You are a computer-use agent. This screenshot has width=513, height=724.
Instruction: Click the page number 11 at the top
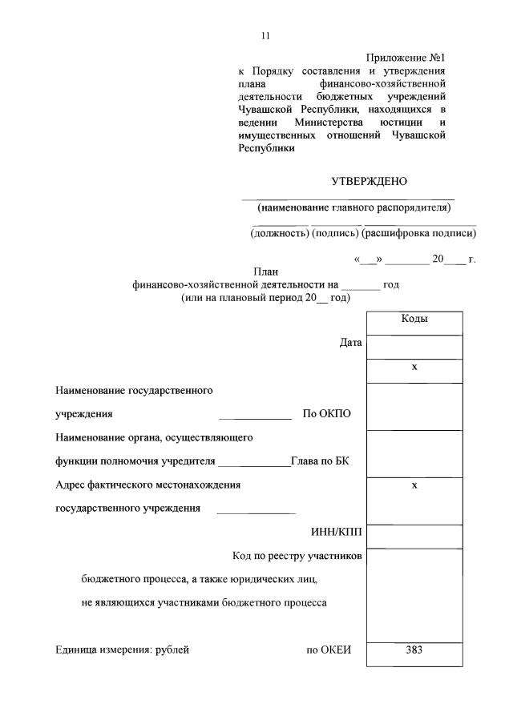pos(266,35)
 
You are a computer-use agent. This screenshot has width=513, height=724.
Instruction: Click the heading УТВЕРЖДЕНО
pos(370,181)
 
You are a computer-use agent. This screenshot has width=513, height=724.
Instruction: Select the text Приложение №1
pos(406,58)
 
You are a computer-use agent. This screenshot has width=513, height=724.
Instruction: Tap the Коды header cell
pos(414,319)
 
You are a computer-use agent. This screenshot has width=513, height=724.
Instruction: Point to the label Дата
pos(351,343)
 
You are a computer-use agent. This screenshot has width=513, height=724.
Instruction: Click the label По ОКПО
pos(326,414)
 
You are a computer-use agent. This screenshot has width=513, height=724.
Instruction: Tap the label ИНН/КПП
pos(337,533)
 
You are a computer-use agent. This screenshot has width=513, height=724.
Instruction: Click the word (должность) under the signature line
pos(280,234)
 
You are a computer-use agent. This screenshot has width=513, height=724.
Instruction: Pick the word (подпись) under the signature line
pos(335,234)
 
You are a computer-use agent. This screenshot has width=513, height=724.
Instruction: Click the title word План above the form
pos(265,272)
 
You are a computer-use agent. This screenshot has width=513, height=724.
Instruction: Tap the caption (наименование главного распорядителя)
pos(354,208)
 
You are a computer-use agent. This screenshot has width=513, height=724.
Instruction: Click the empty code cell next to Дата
pos(414,347)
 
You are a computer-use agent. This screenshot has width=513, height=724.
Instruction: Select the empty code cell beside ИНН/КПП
pos(414,536)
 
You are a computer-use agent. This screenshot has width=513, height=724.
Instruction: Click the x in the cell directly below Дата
pos(414,367)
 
